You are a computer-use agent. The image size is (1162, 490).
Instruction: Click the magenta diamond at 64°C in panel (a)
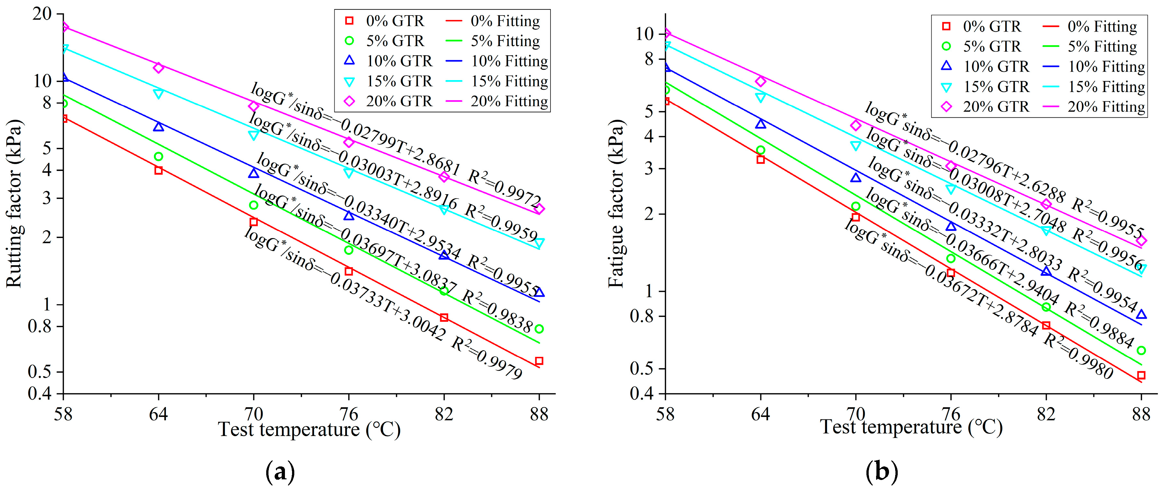(x=158, y=68)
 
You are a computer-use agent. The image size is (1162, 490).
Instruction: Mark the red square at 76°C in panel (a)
(x=349, y=271)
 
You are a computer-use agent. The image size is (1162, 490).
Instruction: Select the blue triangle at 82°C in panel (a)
(x=444, y=255)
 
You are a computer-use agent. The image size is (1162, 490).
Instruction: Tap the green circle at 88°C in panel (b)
(x=1141, y=350)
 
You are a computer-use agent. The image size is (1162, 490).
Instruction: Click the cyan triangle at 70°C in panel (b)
(x=856, y=145)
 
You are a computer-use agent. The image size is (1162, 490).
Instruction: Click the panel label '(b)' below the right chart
(x=882, y=472)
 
